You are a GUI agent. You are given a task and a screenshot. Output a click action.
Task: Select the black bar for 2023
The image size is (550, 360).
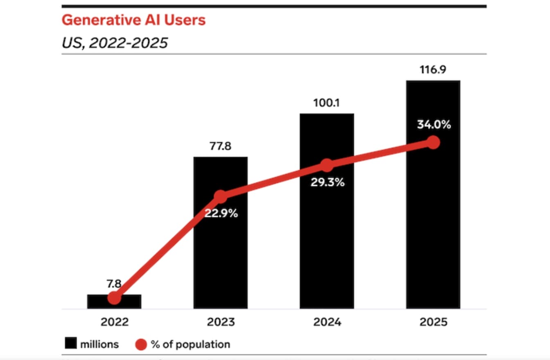[221, 254]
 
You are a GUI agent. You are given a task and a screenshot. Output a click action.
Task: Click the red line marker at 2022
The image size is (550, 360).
[114, 298]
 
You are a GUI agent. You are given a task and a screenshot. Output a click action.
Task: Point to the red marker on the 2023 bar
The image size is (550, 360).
[221, 196]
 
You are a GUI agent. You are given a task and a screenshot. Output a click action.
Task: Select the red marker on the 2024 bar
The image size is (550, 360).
[327, 165]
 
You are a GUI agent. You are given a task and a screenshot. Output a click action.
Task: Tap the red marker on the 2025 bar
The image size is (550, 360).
[433, 142]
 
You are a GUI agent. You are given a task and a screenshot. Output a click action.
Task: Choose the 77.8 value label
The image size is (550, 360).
[221, 146]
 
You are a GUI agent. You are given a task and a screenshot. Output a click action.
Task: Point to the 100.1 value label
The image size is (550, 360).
[327, 103]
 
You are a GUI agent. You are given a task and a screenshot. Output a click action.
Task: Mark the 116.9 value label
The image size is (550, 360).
[433, 70]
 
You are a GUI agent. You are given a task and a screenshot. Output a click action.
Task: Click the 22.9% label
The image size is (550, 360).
[221, 214]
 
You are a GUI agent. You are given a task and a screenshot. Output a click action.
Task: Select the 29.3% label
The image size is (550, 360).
[327, 182]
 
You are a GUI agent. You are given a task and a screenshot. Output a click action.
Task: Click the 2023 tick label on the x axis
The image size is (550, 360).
[221, 322]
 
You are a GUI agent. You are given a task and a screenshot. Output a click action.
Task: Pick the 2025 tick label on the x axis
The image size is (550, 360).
[433, 322]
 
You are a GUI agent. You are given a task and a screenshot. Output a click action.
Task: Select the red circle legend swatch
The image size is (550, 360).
[140, 344]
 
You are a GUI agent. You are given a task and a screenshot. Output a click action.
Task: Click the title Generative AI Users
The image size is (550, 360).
[133, 20]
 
